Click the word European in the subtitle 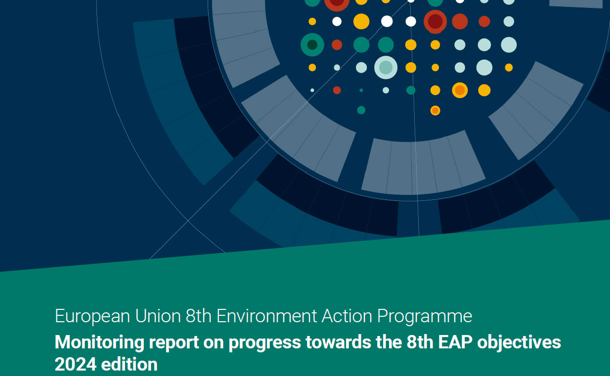[x=92, y=317]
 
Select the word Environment [x=266, y=316]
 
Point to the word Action [x=347, y=316]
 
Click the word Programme [x=425, y=317]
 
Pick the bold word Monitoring [x=99, y=342]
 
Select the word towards [x=338, y=342]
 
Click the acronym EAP [x=455, y=342]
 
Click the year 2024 [x=76, y=364]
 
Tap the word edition [x=130, y=364]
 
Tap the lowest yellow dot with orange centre [x=435, y=111]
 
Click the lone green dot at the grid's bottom [x=361, y=110]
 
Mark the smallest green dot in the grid [x=361, y=90]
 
